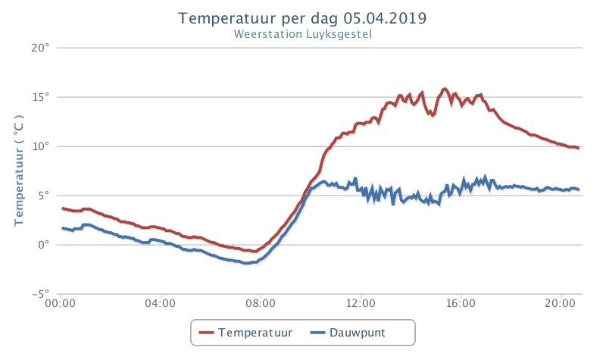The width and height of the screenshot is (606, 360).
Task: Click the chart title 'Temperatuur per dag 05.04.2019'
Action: click(x=302, y=18)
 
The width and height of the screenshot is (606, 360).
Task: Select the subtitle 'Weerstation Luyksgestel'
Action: click(x=302, y=34)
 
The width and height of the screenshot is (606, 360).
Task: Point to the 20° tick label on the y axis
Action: click(x=41, y=48)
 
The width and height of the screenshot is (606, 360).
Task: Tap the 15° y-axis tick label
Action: click(x=41, y=97)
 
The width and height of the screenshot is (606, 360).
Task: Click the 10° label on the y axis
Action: click(x=41, y=146)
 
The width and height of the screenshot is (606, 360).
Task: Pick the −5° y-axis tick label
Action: click(x=41, y=294)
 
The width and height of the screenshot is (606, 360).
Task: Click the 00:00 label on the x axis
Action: click(x=61, y=303)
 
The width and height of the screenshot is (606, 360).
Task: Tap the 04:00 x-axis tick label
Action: click(x=161, y=303)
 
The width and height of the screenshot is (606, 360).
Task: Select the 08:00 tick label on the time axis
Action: click(x=261, y=303)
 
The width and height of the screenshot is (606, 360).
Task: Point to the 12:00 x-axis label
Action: click(x=361, y=303)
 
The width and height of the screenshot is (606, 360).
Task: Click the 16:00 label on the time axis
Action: click(x=461, y=303)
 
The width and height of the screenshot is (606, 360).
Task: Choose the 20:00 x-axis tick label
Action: click(x=561, y=303)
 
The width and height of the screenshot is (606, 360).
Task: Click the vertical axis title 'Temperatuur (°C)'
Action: click(x=19, y=171)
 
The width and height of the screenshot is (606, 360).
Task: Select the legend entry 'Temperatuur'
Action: click(x=245, y=333)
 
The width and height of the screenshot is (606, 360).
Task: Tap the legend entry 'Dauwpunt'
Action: click(x=348, y=333)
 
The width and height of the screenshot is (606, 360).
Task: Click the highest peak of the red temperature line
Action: click(x=445, y=89)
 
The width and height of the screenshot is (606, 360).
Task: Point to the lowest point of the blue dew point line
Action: click(x=245, y=263)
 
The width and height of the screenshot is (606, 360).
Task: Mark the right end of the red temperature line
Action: click(x=578, y=148)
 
